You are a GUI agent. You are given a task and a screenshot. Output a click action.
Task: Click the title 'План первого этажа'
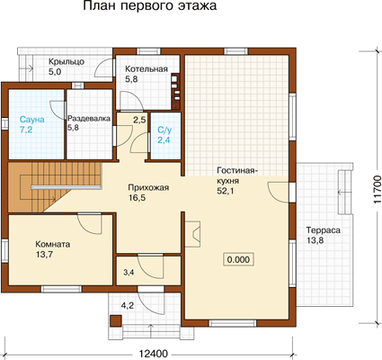click(x=150, y=6)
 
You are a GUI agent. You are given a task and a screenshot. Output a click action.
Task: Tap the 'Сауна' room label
click(x=32, y=120)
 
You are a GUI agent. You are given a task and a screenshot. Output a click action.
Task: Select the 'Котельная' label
click(x=147, y=69)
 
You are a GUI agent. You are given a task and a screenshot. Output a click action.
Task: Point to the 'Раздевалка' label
click(x=89, y=119)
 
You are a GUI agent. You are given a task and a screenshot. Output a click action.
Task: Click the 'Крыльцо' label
click(x=67, y=62)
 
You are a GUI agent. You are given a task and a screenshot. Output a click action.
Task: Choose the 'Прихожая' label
click(x=148, y=188)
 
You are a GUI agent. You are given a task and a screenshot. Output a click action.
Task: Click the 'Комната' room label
click(x=53, y=244)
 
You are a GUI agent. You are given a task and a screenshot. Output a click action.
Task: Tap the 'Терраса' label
click(x=324, y=230)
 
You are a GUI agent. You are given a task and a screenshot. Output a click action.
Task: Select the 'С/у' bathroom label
click(x=164, y=130)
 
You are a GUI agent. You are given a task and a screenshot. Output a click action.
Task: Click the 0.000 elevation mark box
click(x=238, y=259)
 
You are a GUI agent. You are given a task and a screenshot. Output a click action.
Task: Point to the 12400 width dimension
click(x=154, y=354)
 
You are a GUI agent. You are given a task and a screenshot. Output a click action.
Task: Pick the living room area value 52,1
click(x=226, y=191)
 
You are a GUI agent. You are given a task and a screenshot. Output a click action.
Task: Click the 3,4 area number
click(x=129, y=273)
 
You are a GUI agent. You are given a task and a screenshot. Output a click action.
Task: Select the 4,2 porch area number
click(x=128, y=306)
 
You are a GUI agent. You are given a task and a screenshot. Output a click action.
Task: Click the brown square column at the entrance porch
click(x=115, y=320)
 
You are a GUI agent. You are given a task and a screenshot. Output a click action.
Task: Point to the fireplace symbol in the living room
click(x=192, y=234)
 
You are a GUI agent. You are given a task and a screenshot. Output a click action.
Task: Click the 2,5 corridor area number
click(x=139, y=121)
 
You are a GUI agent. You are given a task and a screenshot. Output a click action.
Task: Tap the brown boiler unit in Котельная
click(x=175, y=91)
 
